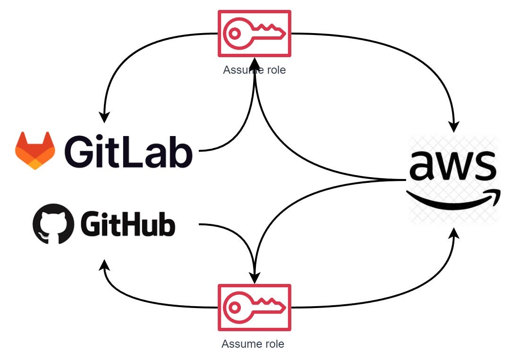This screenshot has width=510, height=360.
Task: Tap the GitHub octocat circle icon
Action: point(53,223)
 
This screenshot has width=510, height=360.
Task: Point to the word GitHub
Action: point(127,224)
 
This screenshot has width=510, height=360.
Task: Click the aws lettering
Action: point(453,166)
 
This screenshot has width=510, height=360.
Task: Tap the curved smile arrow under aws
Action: point(452,201)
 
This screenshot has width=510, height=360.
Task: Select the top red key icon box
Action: point(254,33)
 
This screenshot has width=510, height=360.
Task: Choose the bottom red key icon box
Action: point(254,307)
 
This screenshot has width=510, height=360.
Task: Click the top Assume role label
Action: point(254,70)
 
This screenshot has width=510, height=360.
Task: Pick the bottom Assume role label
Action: point(253,344)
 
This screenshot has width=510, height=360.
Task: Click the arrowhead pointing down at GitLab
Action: point(105,117)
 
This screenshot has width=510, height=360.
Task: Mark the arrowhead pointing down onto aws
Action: point(454,127)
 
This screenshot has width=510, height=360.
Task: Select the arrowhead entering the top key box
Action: point(255,62)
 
